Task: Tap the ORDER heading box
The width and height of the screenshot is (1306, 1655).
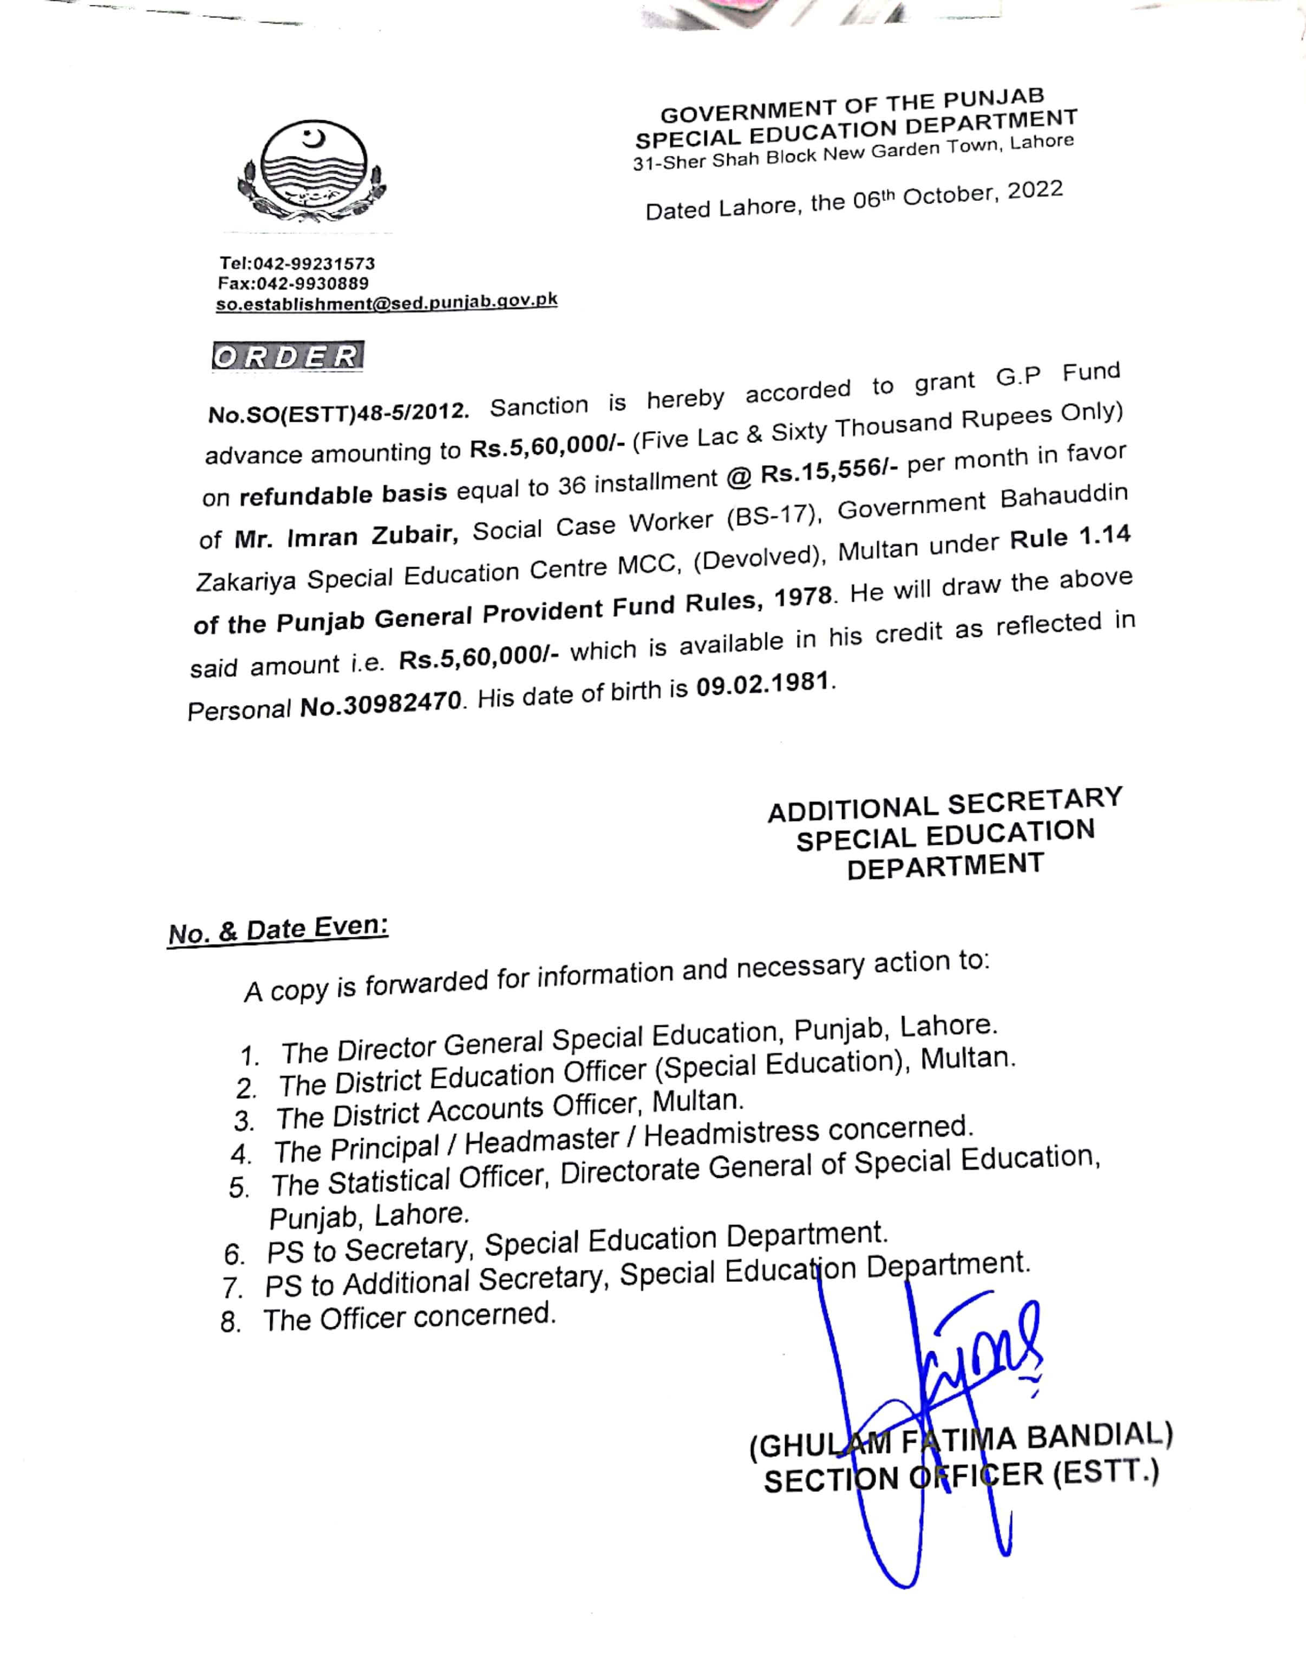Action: [x=288, y=356]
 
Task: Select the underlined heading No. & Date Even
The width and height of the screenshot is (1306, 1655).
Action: [x=278, y=931]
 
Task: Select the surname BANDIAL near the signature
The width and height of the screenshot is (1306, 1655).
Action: [x=1099, y=1437]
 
